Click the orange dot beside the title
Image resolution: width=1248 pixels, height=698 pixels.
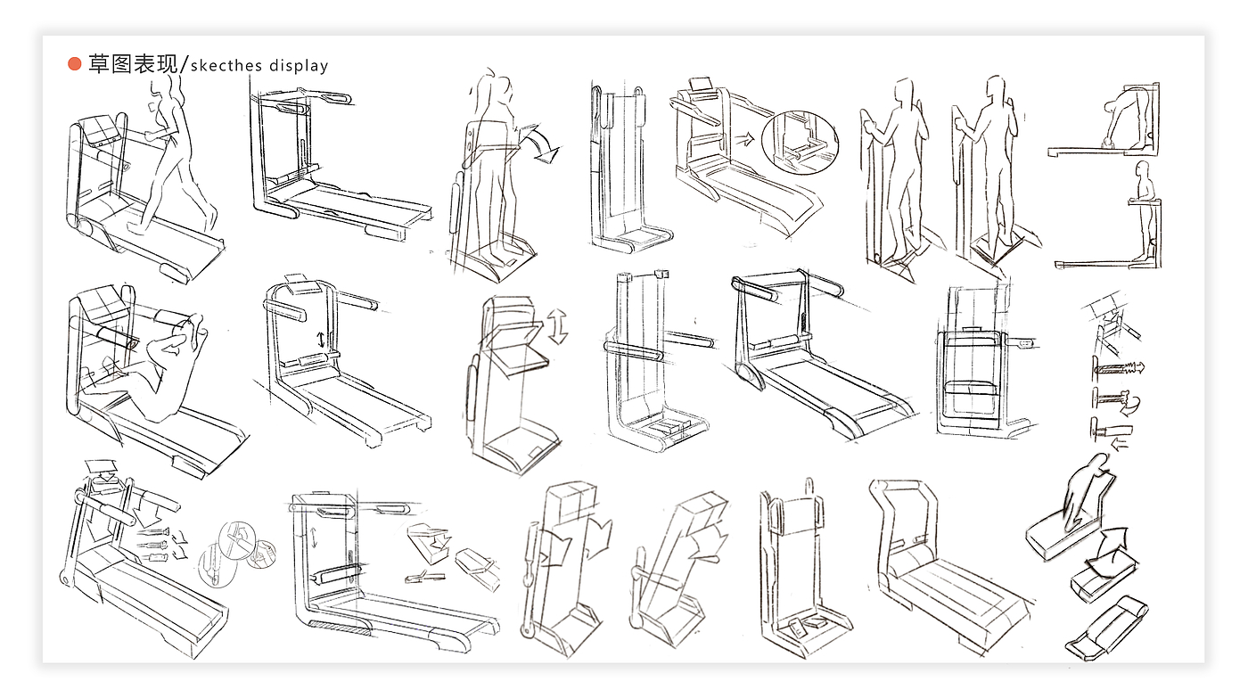75,64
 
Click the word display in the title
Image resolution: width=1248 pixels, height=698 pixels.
297,65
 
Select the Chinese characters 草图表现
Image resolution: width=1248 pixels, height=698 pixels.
133,64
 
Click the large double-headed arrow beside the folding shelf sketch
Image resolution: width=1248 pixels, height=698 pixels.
558,326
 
